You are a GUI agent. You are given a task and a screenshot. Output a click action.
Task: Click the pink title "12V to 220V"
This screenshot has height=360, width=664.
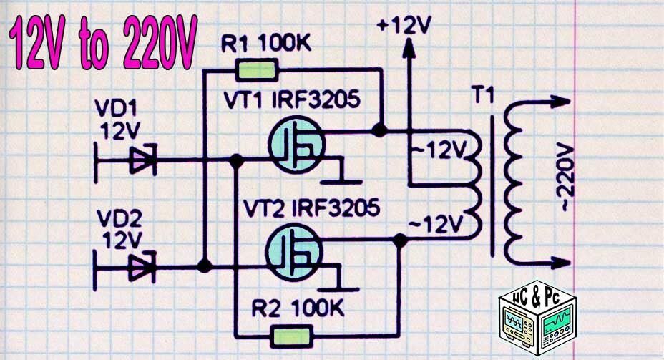click(102, 44)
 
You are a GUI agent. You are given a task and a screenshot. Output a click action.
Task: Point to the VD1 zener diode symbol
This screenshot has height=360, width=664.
click(142, 161)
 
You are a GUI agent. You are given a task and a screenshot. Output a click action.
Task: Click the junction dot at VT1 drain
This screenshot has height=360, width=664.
click(380, 132)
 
